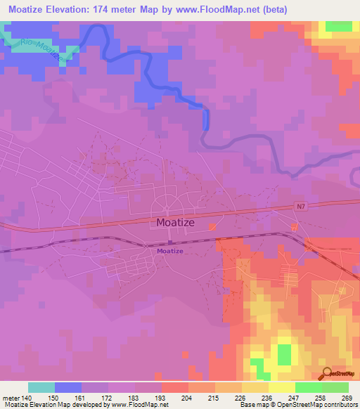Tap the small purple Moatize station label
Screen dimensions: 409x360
point(170,251)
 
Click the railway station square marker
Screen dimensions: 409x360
point(170,242)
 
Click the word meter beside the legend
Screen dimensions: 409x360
point(11,398)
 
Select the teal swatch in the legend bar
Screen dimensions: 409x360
point(41,387)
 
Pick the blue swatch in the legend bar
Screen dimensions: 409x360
point(68,387)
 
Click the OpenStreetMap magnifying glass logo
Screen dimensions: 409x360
point(326,372)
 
